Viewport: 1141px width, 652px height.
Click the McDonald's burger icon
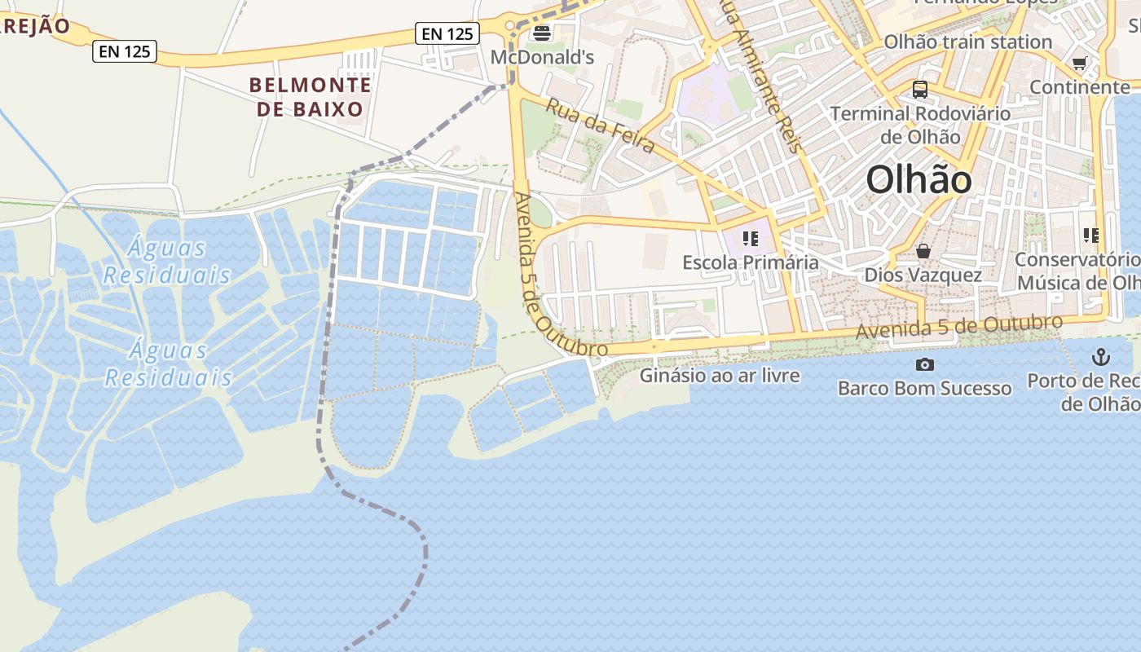[542, 33]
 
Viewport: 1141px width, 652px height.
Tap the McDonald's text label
[542, 58]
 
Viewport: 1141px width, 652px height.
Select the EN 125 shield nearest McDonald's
[447, 33]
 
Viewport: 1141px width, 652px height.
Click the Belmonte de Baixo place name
[311, 96]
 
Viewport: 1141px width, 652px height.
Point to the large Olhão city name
[919, 179]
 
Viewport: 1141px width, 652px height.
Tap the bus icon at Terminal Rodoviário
[920, 90]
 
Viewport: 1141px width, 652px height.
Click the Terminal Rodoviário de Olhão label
[920, 125]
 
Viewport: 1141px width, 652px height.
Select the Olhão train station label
[968, 42]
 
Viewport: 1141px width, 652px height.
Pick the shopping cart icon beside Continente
[1080, 63]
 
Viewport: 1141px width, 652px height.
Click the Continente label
[1080, 86]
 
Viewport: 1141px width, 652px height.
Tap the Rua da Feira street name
[600, 126]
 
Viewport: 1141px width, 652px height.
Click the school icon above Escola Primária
[751, 239]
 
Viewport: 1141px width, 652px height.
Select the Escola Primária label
[751, 262]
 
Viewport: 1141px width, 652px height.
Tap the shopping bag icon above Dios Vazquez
[923, 251]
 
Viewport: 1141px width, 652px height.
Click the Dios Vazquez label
[923, 275]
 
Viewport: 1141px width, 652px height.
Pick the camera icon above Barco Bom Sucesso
[925, 364]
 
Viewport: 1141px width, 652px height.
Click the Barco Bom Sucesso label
[925, 388]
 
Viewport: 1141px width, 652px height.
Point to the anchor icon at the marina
[1101, 356]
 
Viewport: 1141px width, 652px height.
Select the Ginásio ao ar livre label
[720, 376]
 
